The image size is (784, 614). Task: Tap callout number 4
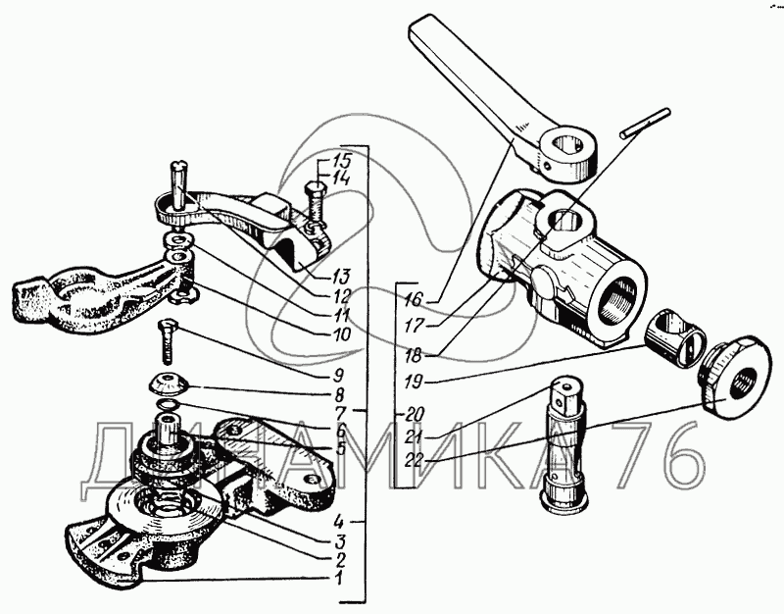(338, 521)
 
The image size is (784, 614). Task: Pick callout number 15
(342, 161)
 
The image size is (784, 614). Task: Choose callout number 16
(414, 299)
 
